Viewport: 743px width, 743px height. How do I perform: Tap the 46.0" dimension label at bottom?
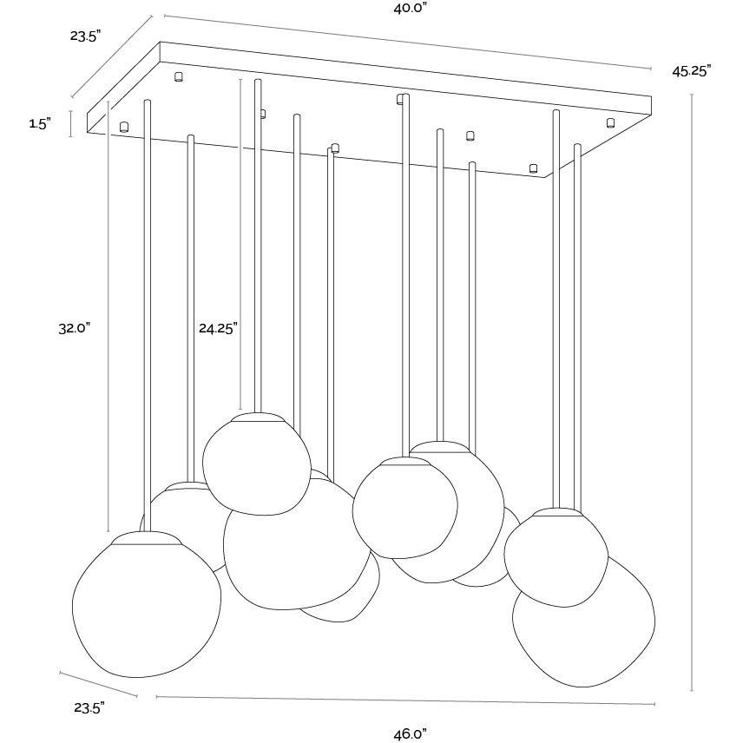click(411, 734)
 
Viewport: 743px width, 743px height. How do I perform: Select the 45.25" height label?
click(692, 71)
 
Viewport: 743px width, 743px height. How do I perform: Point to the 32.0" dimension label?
click(75, 328)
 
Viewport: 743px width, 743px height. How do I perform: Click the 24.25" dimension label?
click(218, 328)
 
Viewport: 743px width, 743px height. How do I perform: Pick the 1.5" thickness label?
click(40, 124)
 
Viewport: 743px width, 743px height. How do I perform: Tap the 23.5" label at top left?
click(86, 36)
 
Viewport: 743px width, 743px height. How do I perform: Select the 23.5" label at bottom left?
click(89, 708)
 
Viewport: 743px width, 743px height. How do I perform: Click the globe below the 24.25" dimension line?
click(257, 464)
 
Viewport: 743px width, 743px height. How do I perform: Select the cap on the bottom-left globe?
click(147, 538)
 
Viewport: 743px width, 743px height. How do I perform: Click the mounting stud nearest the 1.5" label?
click(123, 127)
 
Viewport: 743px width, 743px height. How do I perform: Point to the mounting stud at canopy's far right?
click(611, 122)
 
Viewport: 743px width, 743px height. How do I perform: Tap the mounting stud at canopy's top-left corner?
click(179, 76)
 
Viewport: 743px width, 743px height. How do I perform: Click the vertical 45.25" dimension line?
click(692, 392)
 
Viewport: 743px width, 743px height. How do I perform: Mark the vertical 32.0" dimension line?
click(108, 316)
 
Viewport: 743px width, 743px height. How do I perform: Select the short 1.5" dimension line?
click(71, 123)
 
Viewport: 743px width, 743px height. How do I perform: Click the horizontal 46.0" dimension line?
click(405, 700)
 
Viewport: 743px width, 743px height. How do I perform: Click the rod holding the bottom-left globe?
click(148, 315)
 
